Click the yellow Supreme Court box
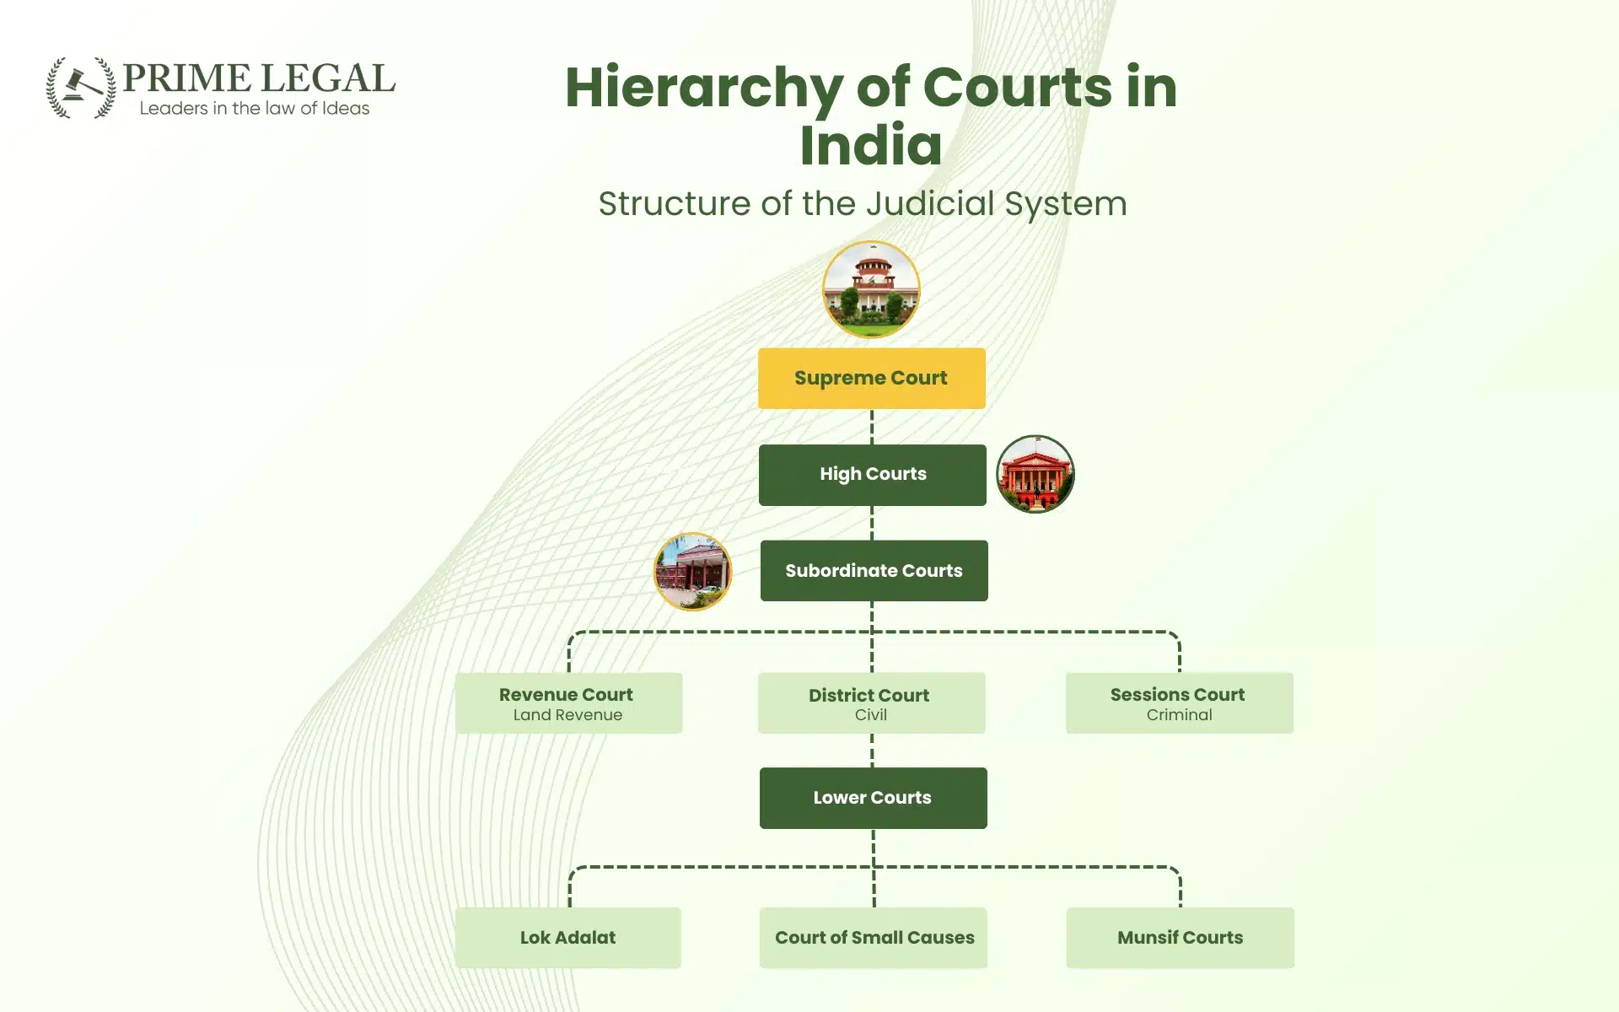point(871,378)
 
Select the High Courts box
point(872,475)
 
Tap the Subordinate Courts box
point(874,571)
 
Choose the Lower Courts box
point(873,798)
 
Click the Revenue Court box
point(568,702)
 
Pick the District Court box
point(871,702)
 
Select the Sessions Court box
point(1179,702)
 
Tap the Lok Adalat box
point(567,938)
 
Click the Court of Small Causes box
point(873,938)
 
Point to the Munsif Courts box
point(1180,938)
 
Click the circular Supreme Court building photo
point(871,289)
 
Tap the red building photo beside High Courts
point(1035,474)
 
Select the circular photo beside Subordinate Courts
point(692,571)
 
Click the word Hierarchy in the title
point(703,88)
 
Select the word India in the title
point(870,145)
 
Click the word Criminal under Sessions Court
point(1179,715)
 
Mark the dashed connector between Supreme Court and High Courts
point(871,427)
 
